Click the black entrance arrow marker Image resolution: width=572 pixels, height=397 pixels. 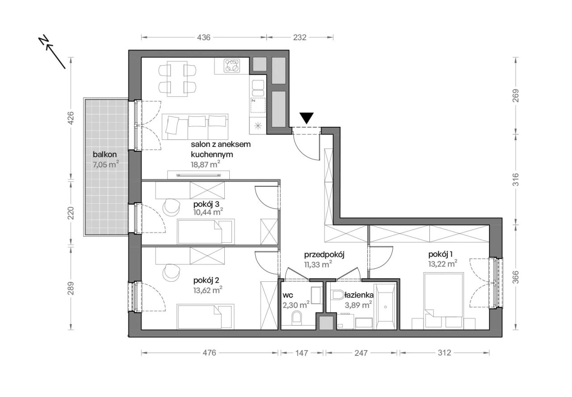[307, 118]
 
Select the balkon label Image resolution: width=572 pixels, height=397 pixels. [105, 155]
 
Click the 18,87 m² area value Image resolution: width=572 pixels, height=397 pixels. [206, 164]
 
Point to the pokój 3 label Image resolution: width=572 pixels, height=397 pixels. [206, 204]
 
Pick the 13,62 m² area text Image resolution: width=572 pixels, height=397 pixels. [208, 290]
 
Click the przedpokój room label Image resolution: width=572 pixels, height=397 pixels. [324, 255]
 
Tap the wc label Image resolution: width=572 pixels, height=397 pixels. [288, 295]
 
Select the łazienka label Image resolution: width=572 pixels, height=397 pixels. [359, 295]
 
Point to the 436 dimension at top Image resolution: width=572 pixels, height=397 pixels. [204, 38]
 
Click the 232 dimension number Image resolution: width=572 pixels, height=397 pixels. [299, 38]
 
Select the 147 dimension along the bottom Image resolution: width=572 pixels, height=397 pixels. [302, 353]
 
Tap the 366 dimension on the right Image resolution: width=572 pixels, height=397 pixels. [516, 277]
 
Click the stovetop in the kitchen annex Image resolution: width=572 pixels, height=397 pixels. [232, 66]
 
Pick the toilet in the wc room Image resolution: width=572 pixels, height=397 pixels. [296, 317]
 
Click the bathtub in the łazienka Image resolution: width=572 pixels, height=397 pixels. [385, 307]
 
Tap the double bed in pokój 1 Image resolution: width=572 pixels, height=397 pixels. [443, 301]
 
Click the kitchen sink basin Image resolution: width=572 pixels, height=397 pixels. [258, 88]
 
